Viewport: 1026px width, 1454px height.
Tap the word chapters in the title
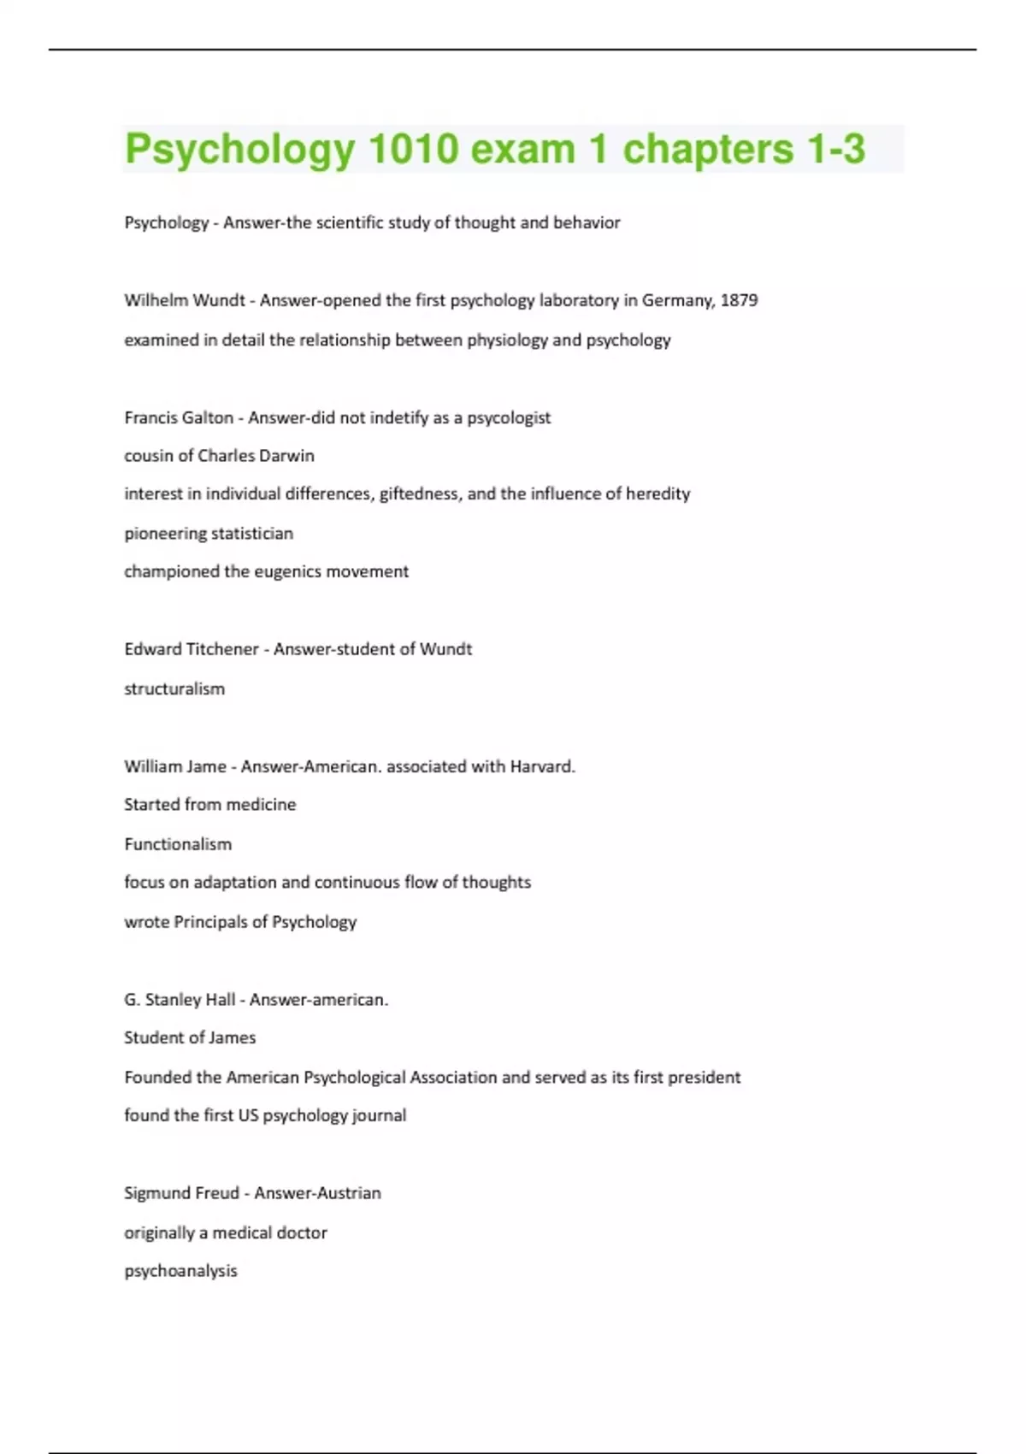[708, 149]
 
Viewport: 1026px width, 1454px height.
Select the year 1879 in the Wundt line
[739, 300]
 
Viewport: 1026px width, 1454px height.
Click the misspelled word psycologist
[509, 417]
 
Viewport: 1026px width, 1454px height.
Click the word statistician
[251, 533]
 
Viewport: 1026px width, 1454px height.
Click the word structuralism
[174, 689]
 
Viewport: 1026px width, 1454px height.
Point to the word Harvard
[542, 766]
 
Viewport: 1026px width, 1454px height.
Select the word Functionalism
[178, 844]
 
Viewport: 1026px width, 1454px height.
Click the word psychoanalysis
[180, 1271]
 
